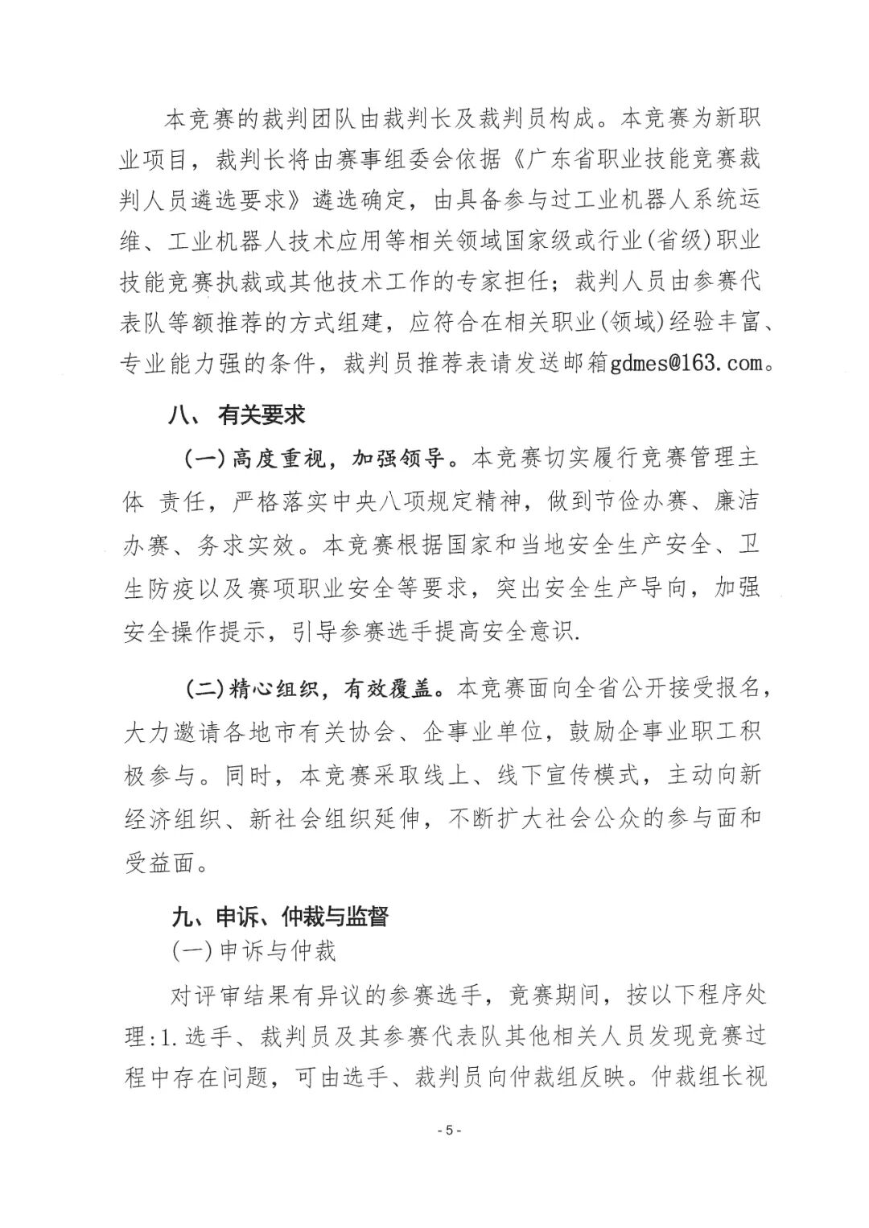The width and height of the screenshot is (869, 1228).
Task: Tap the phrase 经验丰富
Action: click(x=707, y=323)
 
